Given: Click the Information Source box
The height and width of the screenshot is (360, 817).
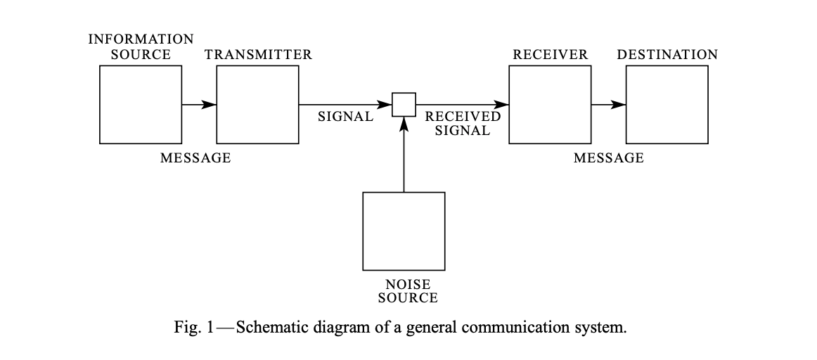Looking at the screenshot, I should tap(141, 104).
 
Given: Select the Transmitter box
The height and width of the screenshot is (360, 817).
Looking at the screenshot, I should tap(258, 104).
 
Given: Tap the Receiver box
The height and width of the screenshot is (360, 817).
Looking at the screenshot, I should tap(550, 104).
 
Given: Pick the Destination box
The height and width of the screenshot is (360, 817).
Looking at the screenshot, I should tap(667, 104).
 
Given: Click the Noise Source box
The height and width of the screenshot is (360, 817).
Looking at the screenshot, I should tap(404, 231).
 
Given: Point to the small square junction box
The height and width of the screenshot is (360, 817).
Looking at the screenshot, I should tap(404, 105).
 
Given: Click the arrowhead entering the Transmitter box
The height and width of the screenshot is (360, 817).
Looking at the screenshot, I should tap(209, 105).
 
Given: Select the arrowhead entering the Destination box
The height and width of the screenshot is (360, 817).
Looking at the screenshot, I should tap(618, 105).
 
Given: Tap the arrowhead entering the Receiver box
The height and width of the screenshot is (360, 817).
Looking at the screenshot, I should tap(501, 105).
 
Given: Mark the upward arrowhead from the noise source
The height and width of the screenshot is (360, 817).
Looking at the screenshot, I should tap(404, 124).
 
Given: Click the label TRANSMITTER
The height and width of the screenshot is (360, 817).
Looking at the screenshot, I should tap(258, 55).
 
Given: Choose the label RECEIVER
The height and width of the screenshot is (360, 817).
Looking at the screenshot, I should tap(551, 55).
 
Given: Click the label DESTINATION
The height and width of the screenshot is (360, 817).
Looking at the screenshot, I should tap(667, 55).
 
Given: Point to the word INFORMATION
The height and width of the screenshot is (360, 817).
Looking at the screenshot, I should tap(141, 39).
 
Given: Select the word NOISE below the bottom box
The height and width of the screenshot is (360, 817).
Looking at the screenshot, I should tap(408, 285).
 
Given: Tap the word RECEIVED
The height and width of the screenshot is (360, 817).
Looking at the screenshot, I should tap(463, 117).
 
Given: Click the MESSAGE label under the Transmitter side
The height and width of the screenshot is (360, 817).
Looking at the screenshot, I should tap(195, 158).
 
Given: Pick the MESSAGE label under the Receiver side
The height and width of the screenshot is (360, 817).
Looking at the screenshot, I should tap(609, 158).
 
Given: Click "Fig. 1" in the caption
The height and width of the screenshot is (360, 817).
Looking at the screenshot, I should tap(192, 328).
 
